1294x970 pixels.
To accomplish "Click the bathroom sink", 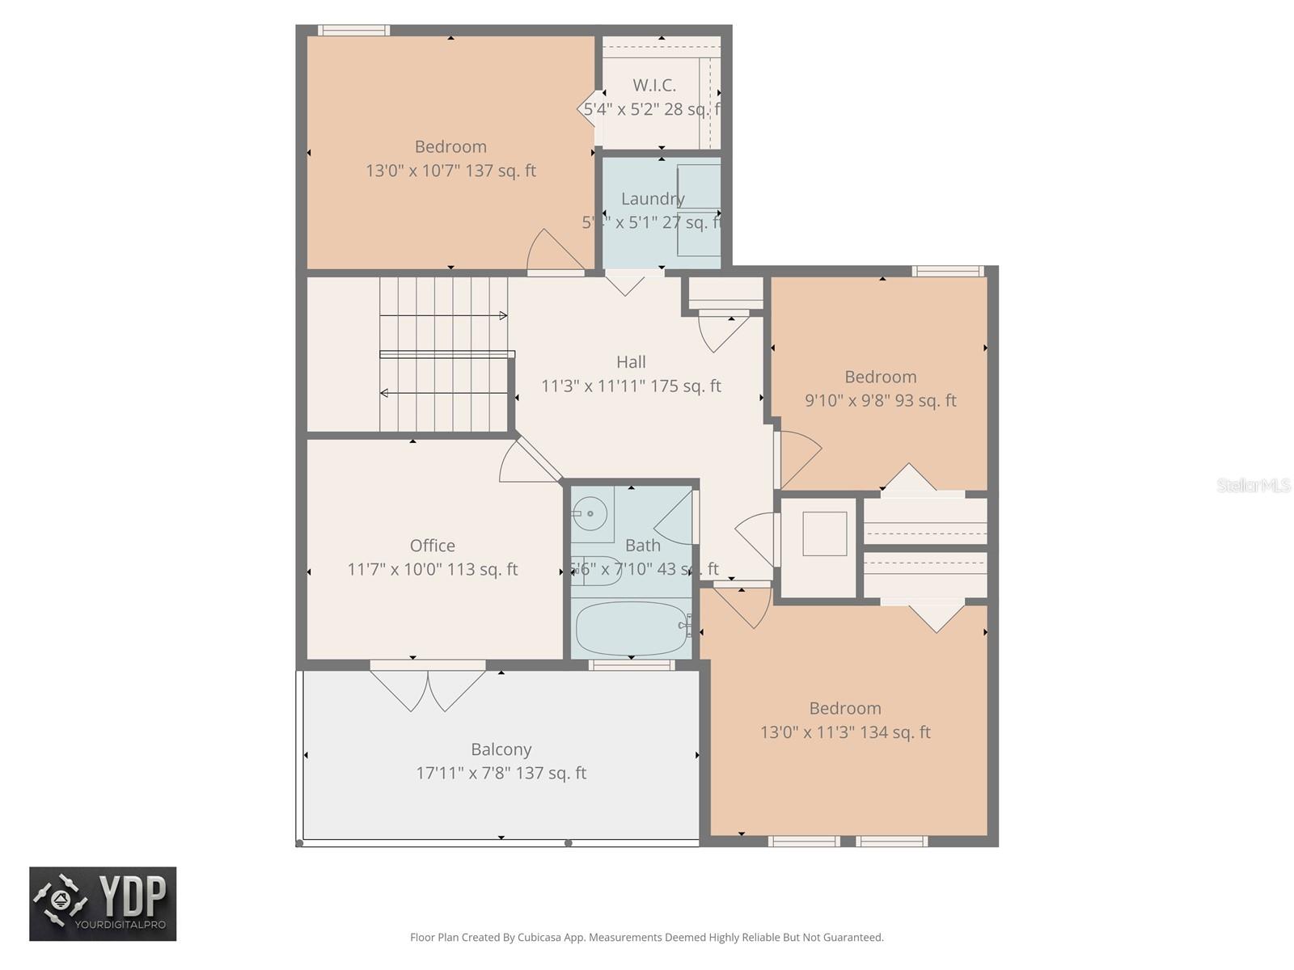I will point(592,513).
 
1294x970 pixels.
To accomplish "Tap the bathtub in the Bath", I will point(632,628).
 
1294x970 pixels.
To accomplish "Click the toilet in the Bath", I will point(595,571).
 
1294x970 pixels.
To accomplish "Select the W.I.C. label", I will point(654,85).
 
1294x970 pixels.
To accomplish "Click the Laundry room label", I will point(653,198).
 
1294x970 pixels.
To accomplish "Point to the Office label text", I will point(432,546).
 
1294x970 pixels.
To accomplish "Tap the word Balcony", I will point(501,749).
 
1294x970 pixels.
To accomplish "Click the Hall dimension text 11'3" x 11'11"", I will point(631,386).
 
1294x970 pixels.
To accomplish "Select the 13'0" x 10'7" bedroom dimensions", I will point(450,171).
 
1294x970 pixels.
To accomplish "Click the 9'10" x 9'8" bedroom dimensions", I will point(880,401).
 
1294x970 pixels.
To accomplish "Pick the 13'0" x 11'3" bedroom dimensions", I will point(845,732).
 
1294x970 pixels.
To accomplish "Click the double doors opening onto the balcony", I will point(428,687).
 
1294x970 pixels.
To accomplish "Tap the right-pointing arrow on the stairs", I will point(502,315).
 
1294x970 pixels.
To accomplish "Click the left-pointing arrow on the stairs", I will point(385,393).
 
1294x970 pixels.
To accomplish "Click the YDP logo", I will point(103,904).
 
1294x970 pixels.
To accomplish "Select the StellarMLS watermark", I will point(1253,485).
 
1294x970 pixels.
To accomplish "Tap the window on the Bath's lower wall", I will point(631,665).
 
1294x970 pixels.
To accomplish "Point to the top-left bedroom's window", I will point(353,31).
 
